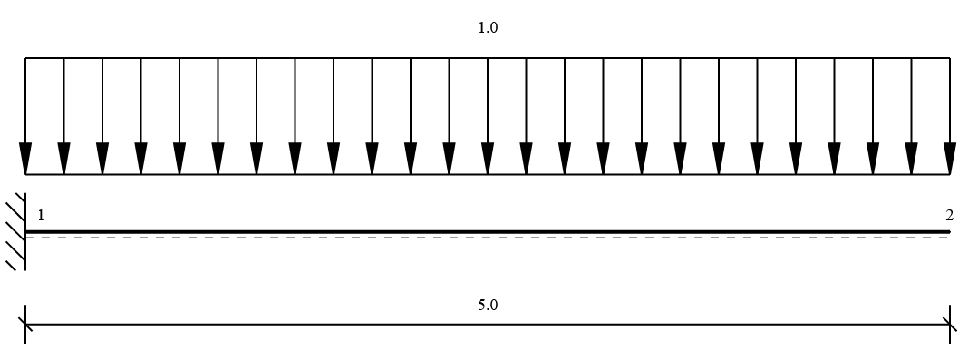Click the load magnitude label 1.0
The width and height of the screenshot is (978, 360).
click(488, 27)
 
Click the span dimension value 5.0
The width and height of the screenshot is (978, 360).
click(488, 305)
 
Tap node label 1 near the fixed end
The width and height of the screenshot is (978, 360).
click(41, 216)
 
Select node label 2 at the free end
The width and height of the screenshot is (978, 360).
click(949, 216)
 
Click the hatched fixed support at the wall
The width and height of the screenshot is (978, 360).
click(17, 232)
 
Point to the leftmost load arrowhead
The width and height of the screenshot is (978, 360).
click(25, 159)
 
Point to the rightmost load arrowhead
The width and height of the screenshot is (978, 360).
click(950, 159)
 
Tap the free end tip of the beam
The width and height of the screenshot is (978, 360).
click(950, 232)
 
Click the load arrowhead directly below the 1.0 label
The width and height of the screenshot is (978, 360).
click(488, 159)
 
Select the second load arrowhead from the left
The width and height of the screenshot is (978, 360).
click(64, 159)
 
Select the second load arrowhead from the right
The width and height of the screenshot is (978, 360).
click(911, 159)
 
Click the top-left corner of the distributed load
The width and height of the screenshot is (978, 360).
click(25, 58)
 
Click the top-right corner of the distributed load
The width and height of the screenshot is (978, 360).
click(950, 58)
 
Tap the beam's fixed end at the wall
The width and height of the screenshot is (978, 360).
click(25, 232)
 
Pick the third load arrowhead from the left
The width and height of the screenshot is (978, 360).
click(103, 159)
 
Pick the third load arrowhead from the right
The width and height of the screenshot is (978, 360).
click(873, 159)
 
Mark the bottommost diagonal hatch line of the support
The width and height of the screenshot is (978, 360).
click(11, 266)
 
